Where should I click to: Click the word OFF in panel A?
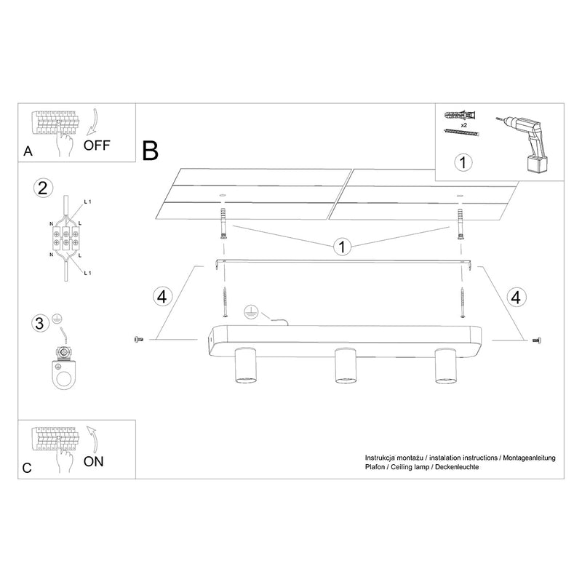[97, 144]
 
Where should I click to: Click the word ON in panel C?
[94, 461]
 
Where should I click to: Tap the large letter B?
[151, 151]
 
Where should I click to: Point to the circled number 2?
[42, 188]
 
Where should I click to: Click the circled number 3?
[42, 322]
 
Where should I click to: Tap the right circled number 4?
[516, 296]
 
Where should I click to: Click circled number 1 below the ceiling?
[339, 247]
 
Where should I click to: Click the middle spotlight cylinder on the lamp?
[343, 366]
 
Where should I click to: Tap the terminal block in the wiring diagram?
[65, 236]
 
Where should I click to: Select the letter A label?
[28, 151]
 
